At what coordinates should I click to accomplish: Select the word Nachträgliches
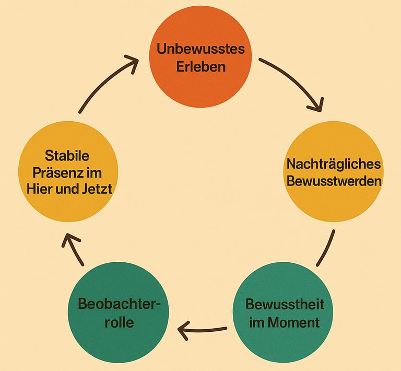[334, 164]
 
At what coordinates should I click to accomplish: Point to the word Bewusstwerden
[334, 182]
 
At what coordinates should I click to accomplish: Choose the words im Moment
[284, 322]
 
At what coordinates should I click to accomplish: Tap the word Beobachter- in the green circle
[119, 304]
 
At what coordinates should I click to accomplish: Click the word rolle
[119, 322]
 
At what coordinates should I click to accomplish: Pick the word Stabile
[67, 156]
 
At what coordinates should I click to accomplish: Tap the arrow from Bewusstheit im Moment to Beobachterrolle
[204, 330]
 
